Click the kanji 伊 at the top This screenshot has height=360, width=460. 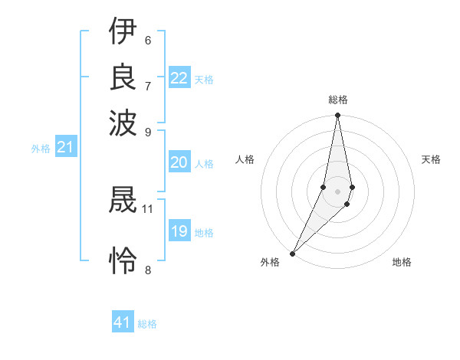pos(123,31)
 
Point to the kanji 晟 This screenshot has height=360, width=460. pos(123,201)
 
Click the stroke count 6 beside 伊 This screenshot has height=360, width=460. pos(147,40)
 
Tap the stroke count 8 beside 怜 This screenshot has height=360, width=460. pos(147,269)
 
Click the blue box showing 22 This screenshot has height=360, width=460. pos(179,78)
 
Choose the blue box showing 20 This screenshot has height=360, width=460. pos(179,162)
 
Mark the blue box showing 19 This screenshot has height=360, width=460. pos(179,231)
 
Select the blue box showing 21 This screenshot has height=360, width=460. pos(64,147)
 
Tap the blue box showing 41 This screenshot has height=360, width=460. pos(123,322)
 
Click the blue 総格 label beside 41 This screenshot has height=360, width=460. pos(147,324)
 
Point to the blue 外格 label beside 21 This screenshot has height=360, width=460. pos(40,149)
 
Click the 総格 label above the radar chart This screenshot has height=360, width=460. pos(338,100)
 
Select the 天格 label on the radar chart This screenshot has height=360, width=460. pos(431,159)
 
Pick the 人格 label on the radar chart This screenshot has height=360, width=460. pos(245,159)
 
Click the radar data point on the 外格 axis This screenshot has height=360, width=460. pos(293,253)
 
